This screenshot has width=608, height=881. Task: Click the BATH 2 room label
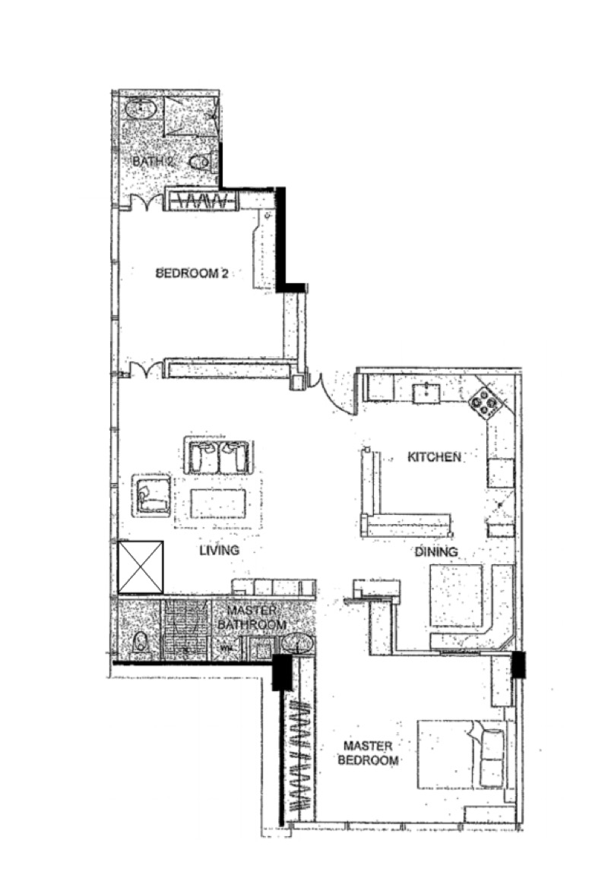(x=153, y=161)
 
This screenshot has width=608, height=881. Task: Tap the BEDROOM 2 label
(x=192, y=273)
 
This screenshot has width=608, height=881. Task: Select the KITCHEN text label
(x=434, y=456)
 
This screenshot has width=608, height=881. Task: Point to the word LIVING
(x=220, y=550)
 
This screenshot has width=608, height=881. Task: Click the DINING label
(x=436, y=551)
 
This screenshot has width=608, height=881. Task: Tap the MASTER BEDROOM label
(x=368, y=753)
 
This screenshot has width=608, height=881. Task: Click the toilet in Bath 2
(x=200, y=163)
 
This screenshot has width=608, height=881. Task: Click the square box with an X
(x=141, y=567)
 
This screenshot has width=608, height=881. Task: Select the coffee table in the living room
(x=218, y=504)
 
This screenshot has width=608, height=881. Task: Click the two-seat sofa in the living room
(x=218, y=456)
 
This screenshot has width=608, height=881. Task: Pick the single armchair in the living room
(x=152, y=495)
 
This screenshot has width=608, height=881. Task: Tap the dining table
(x=456, y=595)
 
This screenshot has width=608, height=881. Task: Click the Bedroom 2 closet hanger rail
(x=203, y=200)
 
